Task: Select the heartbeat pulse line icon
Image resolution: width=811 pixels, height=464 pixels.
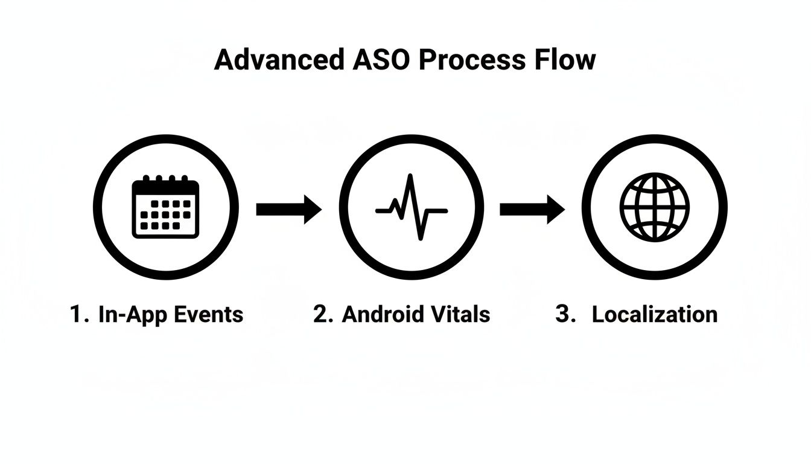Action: (x=411, y=208)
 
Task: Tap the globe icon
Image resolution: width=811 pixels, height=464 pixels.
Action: (x=654, y=207)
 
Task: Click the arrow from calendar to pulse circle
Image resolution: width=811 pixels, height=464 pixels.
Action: (x=288, y=209)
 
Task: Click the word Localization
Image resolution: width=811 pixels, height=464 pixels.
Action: (x=654, y=315)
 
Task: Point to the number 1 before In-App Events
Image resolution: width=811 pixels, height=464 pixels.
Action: (x=76, y=315)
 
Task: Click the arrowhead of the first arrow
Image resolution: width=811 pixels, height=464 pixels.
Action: (x=312, y=209)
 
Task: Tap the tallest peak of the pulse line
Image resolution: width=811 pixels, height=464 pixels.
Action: (x=410, y=177)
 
